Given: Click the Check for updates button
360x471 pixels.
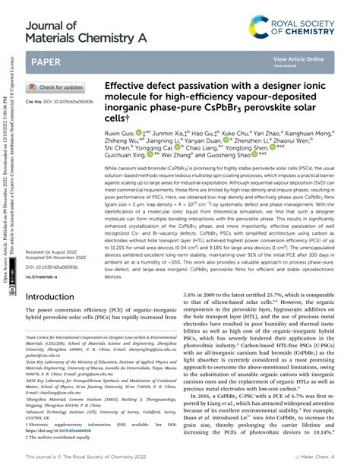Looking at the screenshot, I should pyautogui.click(x=56, y=88).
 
